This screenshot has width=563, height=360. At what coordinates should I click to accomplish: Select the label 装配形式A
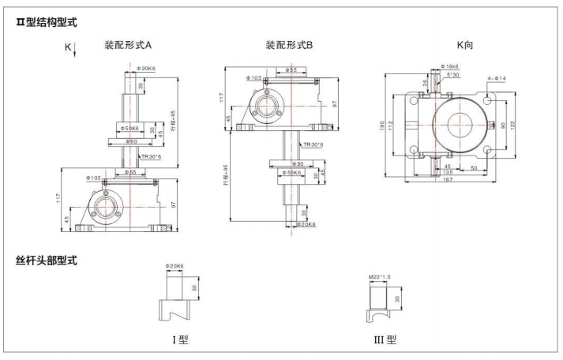click(x=133, y=46)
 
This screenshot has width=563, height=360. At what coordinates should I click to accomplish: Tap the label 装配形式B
click(x=289, y=46)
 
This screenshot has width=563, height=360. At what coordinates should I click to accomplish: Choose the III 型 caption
click(x=385, y=340)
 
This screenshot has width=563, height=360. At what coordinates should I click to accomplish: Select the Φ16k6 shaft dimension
click(x=448, y=67)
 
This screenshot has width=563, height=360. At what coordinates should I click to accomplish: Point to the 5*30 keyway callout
click(x=452, y=76)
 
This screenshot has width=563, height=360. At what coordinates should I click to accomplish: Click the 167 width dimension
click(x=447, y=181)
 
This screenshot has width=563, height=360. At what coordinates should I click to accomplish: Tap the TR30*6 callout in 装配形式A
click(x=151, y=157)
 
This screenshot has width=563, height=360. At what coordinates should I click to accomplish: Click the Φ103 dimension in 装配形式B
click(x=253, y=78)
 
